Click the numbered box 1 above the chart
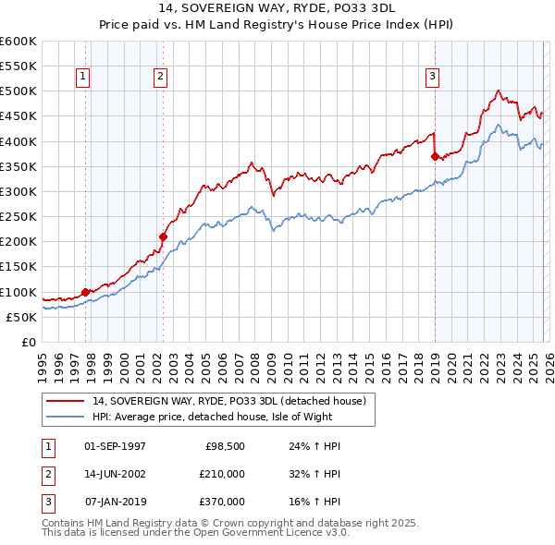point(84,77)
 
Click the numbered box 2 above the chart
point(161,77)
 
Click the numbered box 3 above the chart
point(432,77)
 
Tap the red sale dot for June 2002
point(164,236)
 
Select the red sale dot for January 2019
point(435,156)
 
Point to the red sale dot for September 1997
point(85,292)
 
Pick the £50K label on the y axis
point(21,317)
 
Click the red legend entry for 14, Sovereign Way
point(229,401)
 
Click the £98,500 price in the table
point(225,446)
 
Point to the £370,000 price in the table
point(221,502)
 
